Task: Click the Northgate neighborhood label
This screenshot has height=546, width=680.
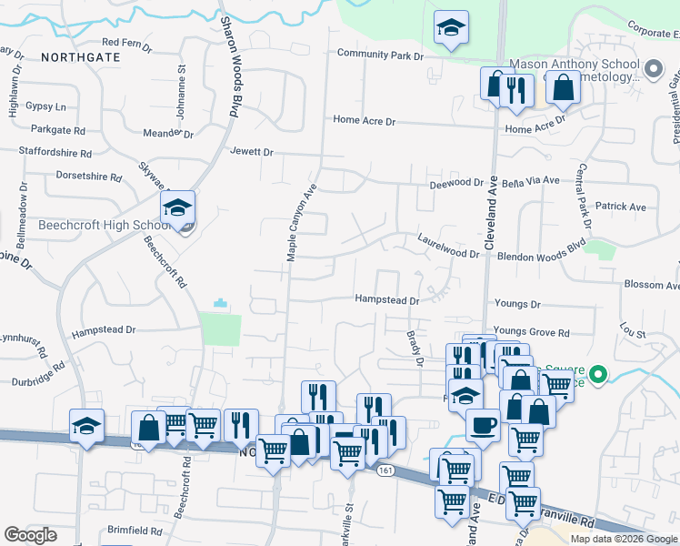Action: click(80, 56)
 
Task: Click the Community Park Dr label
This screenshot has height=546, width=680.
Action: click(380, 55)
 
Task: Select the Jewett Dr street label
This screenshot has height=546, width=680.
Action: click(252, 152)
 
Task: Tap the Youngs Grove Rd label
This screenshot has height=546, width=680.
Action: click(531, 333)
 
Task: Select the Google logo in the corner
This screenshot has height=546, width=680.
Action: click(30, 534)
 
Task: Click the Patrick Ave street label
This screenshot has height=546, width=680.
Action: click(621, 207)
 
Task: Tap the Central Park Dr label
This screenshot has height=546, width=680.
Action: click(584, 195)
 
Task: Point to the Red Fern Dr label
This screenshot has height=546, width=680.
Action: click(125, 42)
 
